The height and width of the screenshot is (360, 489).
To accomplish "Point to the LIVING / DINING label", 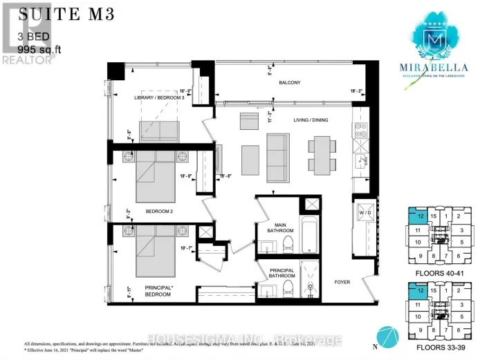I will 308,120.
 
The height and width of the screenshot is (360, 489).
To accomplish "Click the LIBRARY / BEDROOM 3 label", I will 159,98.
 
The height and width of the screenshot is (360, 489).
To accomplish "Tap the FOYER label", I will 343,282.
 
